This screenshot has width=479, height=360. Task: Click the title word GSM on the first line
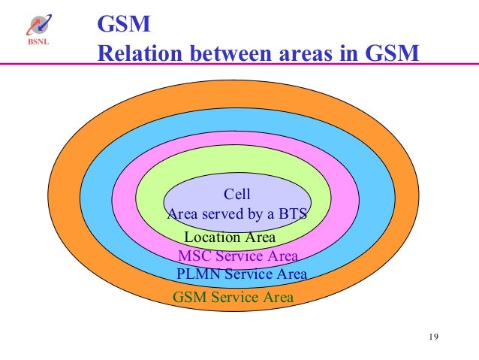pos(125,26)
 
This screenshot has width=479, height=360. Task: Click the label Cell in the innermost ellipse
pos(237,195)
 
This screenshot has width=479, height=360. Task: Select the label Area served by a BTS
pos(237,214)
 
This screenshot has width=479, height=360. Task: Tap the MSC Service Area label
pos(237,256)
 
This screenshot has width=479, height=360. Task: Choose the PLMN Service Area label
pos(241,274)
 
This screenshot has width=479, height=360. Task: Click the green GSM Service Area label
pos(233,297)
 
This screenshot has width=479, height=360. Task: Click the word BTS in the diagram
pos(293,214)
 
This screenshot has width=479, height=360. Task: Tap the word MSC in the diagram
pos(194,256)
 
